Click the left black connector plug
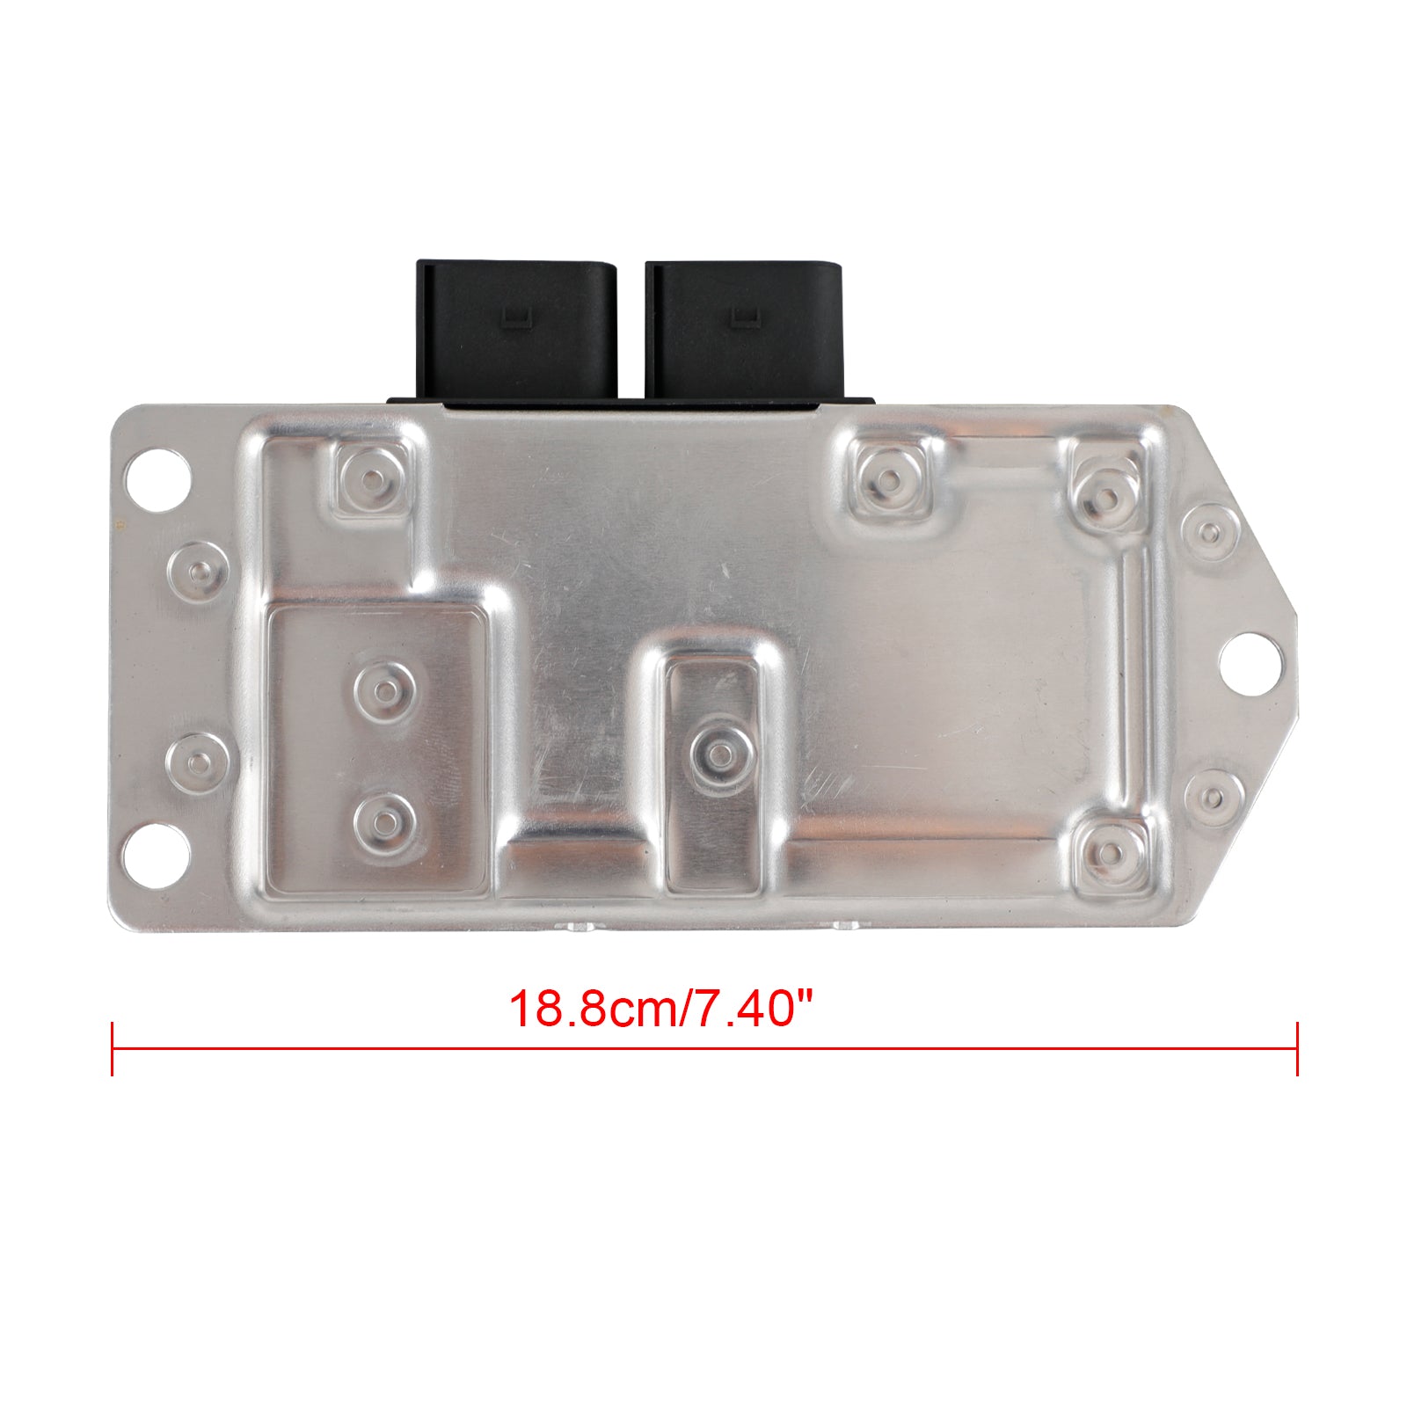pyautogui.click(x=517, y=334)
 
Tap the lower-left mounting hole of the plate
pyautogui.click(x=158, y=852)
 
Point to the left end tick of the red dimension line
pyautogui.click(x=113, y=1048)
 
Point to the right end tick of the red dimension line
pyautogui.click(x=1297, y=1048)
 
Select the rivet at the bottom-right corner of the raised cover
pyautogui.click(x=1112, y=852)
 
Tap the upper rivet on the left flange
pyautogui.click(x=198, y=570)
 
